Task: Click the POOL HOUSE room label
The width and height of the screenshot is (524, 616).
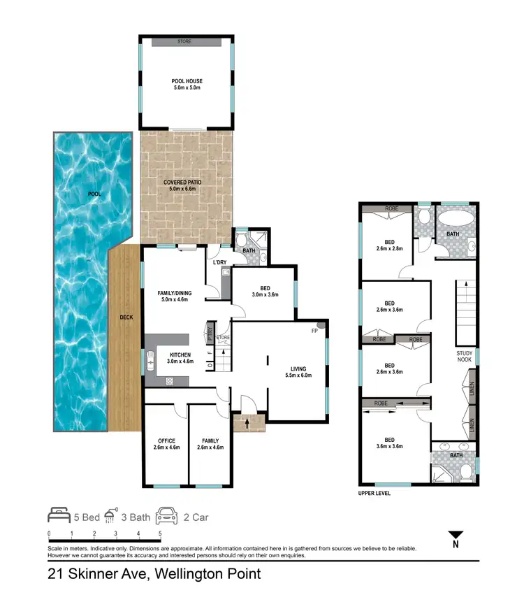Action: point(186,85)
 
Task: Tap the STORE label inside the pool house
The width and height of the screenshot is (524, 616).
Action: point(184,42)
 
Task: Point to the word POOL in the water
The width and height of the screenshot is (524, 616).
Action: point(94,194)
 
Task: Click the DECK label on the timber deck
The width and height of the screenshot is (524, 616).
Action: point(126,317)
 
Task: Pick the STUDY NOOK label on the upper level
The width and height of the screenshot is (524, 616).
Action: point(465,357)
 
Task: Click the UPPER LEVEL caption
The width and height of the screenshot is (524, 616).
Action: point(374,493)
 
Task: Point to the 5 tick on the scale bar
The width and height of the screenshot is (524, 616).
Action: point(161,533)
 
